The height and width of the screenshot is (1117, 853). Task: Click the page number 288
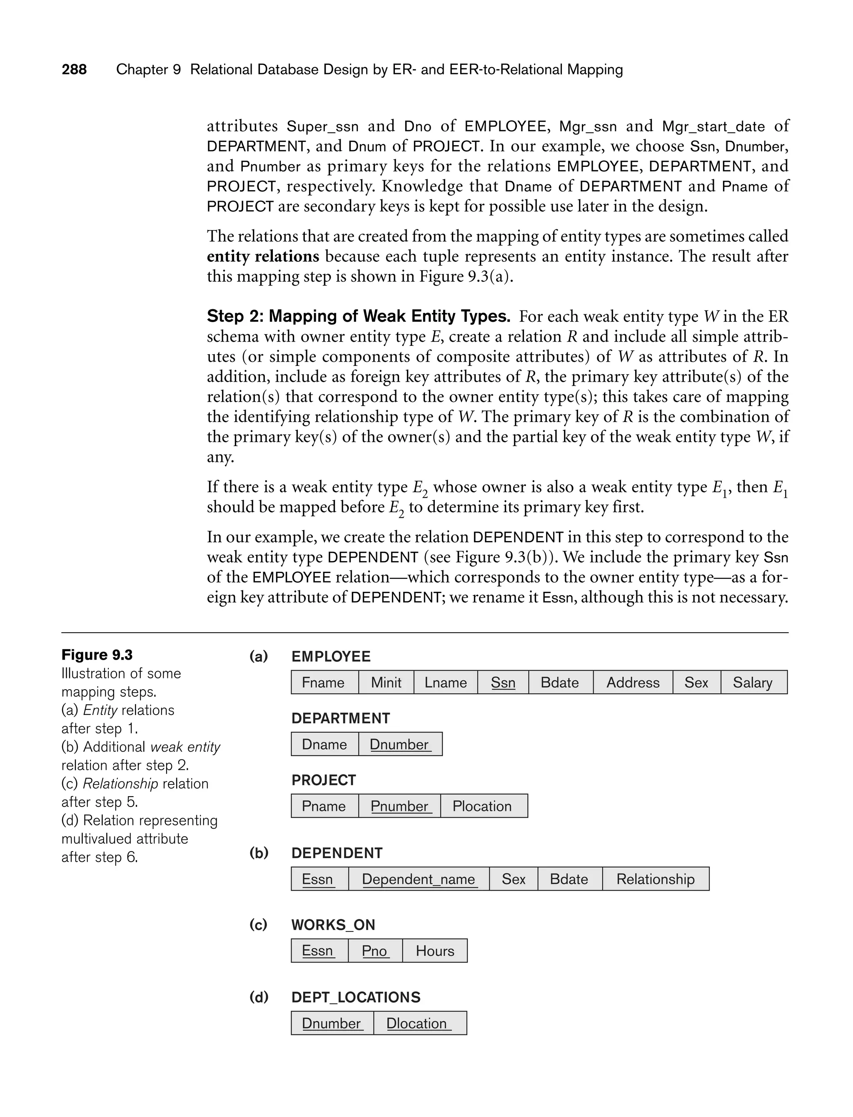click(74, 70)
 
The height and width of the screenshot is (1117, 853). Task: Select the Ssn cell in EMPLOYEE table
click(503, 682)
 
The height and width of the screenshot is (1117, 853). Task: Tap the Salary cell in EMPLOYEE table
click(753, 682)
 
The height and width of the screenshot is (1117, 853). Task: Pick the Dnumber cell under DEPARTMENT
click(400, 744)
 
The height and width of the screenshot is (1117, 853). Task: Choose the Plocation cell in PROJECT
click(483, 806)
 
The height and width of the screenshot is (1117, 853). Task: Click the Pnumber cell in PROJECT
click(399, 806)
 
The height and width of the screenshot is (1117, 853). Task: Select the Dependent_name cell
click(419, 879)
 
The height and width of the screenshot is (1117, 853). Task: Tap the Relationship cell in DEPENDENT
click(656, 879)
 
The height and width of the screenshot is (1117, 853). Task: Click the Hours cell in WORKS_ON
click(435, 951)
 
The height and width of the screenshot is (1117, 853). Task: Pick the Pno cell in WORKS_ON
click(375, 951)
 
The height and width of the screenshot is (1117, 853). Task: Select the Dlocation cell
click(419, 1023)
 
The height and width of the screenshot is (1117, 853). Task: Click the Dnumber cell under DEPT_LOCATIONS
click(332, 1023)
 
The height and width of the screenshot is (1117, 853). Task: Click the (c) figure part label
click(258, 925)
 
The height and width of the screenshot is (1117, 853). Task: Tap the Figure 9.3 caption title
click(97, 655)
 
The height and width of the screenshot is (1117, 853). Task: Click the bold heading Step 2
click(358, 317)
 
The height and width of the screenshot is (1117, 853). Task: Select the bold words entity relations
click(262, 256)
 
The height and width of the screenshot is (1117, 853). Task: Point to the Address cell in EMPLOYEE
click(633, 682)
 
